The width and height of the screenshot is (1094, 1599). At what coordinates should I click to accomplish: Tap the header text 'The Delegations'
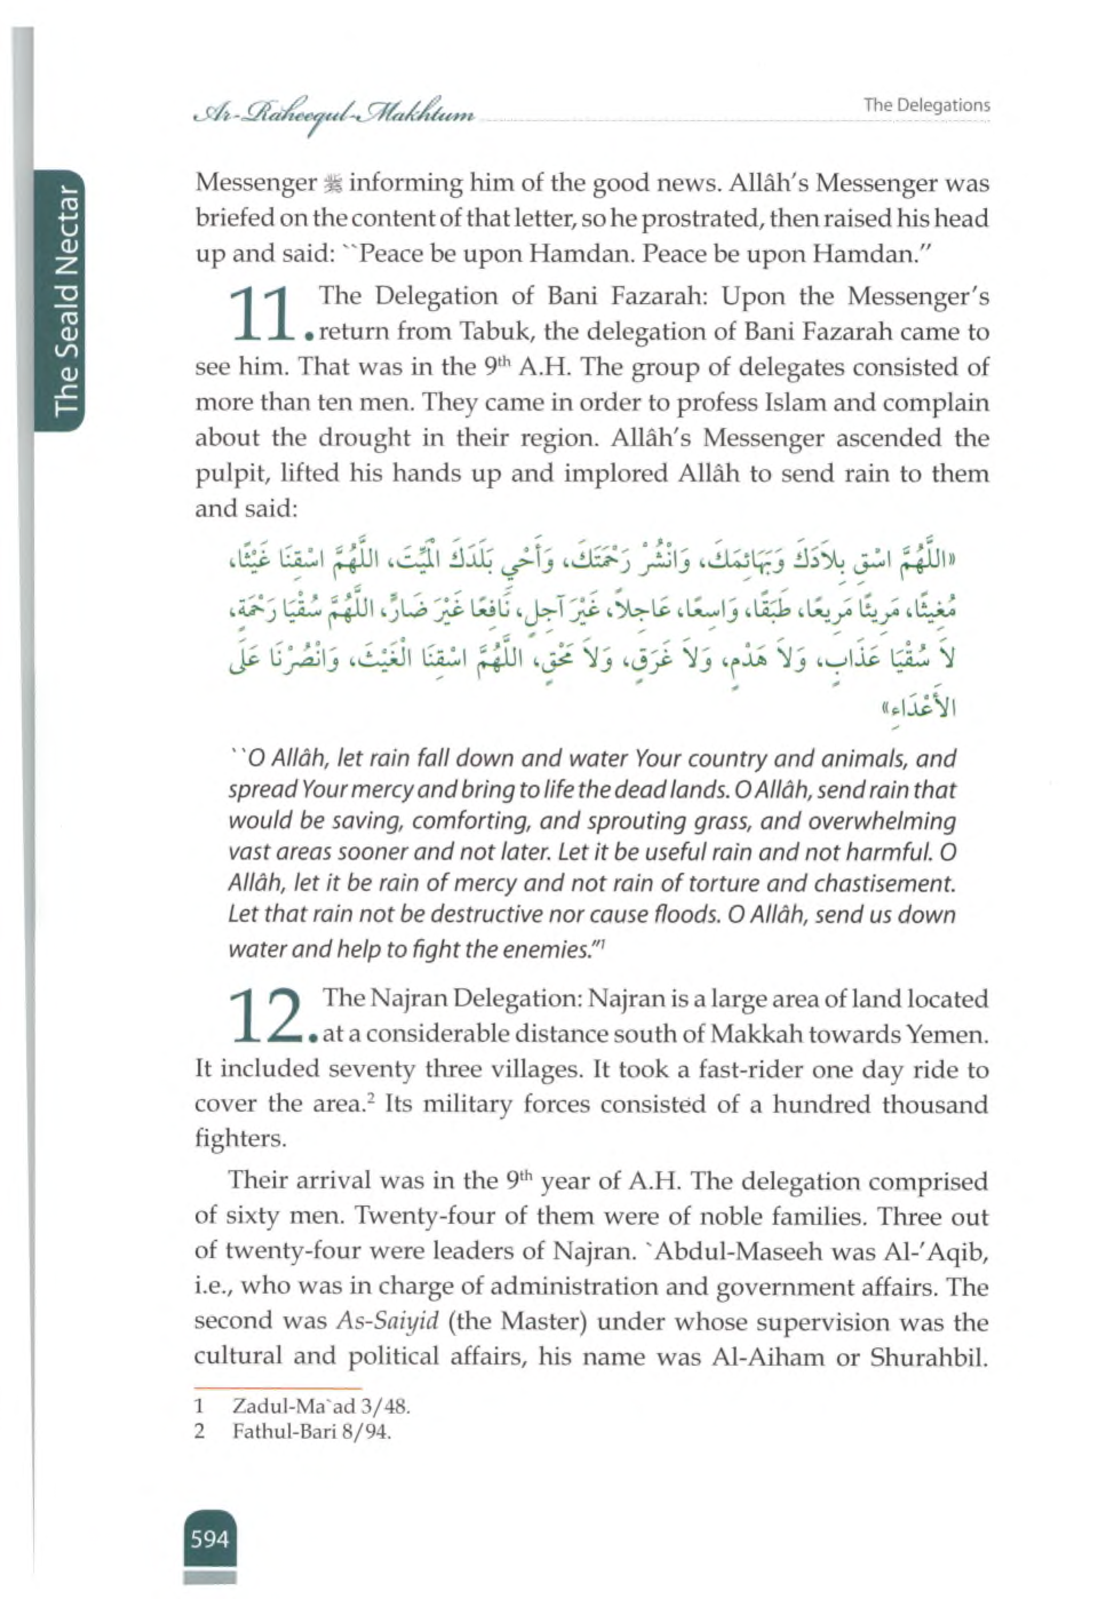click(x=926, y=105)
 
